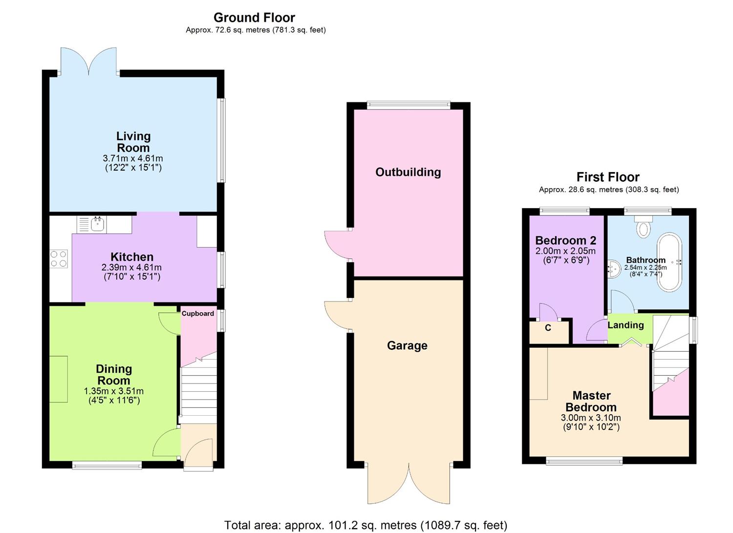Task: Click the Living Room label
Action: pyautogui.click(x=133, y=142)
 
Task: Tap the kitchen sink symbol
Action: pyautogui.click(x=97, y=225)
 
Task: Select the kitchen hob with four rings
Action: pyautogui.click(x=59, y=259)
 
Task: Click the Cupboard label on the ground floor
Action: pyautogui.click(x=198, y=314)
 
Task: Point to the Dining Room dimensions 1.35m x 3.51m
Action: pyautogui.click(x=114, y=391)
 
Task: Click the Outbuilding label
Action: pyautogui.click(x=408, y=172)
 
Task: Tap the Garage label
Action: pyautogui.click(x=407, y=346)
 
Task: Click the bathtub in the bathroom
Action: pyautogui.click(x=669, y=262)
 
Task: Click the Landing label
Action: pyautogui.click(x=625, y=325)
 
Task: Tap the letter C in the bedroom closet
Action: pyautogui.click(x=548, y=328)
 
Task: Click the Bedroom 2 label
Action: pyautogui.click(x=565, y=240)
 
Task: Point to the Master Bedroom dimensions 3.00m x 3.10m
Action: pyautogui.click(x=591, y=418)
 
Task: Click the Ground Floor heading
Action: pyautogui.click(x=254, y=18)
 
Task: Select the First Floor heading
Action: pyautogui.click(x=608, y=177)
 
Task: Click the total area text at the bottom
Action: pyautogui.click(x=366, y=525)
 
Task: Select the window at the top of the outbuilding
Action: pyautogui.click(x=409, y=104)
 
